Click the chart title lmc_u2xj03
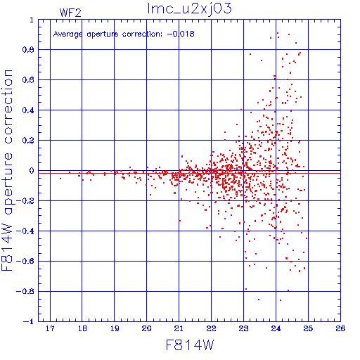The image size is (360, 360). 189,8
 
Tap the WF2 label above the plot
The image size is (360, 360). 70,13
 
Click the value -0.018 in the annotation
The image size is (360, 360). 181,34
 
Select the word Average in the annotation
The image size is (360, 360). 68,34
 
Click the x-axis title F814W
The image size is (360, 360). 190,345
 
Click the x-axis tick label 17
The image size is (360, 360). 50,328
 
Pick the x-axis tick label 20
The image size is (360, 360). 146,328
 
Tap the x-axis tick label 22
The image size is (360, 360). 211,328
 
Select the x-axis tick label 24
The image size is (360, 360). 276,328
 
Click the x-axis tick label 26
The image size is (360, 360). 340,328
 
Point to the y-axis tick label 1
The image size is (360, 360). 32,20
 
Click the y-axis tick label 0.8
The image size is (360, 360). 28,50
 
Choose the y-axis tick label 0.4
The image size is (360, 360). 28,110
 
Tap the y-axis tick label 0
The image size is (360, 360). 32,171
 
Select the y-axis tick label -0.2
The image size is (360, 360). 25,201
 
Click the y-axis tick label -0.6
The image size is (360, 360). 25,261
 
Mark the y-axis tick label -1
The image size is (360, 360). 29,321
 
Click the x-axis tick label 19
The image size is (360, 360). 115,328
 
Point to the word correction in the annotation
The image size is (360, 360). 142,34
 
